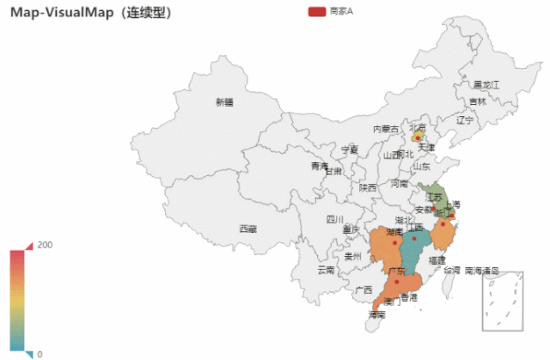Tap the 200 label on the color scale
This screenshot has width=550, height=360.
[x=46, y=245]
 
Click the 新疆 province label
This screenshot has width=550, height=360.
[x=224, y=101]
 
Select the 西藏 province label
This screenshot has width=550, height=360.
[x=247, y=229]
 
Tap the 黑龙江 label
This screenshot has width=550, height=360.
[x=486, y=84]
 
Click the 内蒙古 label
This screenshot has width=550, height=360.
[x=385, y=129]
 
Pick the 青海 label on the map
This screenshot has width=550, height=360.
[x=319, y=166]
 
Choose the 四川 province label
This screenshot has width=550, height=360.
[x=334, y=219]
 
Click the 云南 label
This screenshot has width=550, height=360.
[x=326, y=269]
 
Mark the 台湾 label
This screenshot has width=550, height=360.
[x=451, y=269]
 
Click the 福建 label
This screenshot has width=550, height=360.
[x=437, y=259]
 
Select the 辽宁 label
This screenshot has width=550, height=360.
[x=465, y=119]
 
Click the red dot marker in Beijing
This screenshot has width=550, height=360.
[x=418, y=136]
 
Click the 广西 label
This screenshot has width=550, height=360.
[x=364, y=290]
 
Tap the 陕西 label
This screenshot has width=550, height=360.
[x=368, y=187]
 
